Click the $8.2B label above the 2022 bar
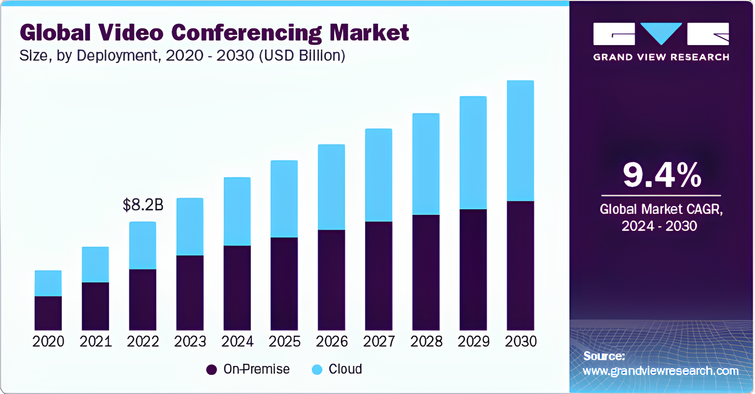pos(143,205)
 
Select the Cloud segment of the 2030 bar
pos(520,141)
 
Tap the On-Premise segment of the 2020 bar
pos(48,313)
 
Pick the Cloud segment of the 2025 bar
pos(284,199)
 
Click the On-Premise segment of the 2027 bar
pos(379,276)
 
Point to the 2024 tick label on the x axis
pos(237,342)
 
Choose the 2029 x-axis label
pos(473,342)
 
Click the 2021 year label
pos(96,342)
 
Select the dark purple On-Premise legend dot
pos(212,370)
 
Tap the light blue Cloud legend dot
pos(317,370)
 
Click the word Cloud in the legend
pos(345,369)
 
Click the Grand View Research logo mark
pos(661,35)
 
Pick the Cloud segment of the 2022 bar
pos(143,245)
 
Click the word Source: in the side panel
pos(604,356)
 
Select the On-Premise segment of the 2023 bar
pos(190,293)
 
